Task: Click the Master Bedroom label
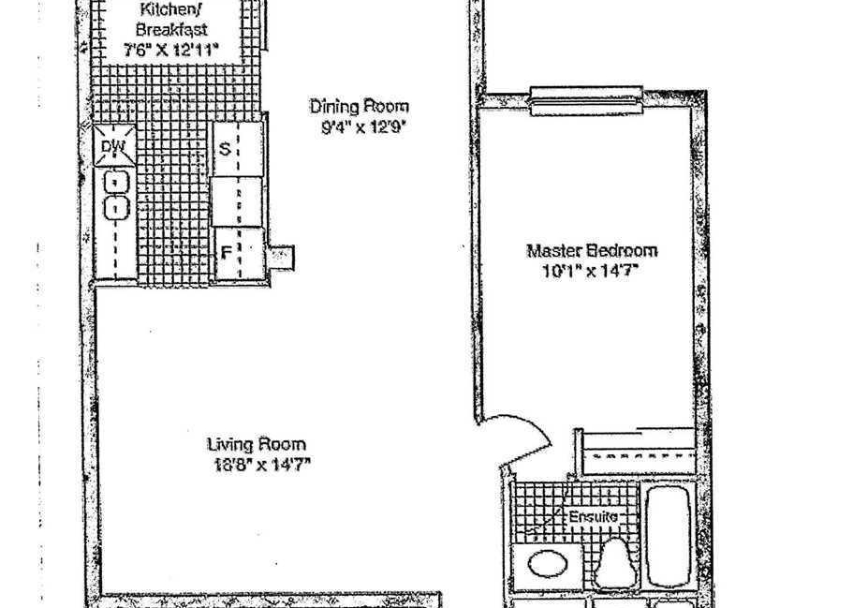[x=592, y=251]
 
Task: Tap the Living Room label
[x=257, y=444]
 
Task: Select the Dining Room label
[x=360, y=106]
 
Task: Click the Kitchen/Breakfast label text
[x=171, y=19]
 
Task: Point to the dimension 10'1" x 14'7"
[x=592, y=272]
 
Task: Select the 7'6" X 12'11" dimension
[x=171, y=51]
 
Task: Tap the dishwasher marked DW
[x=114, y=146]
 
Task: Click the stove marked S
[x=238, y=149]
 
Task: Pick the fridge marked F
[x=239, y=253]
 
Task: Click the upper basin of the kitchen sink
[x=117, y=182]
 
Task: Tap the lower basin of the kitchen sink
[x=117, y=208]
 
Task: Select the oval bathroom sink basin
[x=548, y=565]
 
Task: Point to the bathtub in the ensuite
[x=669, y=536]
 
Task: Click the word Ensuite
[x=594, y=517]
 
